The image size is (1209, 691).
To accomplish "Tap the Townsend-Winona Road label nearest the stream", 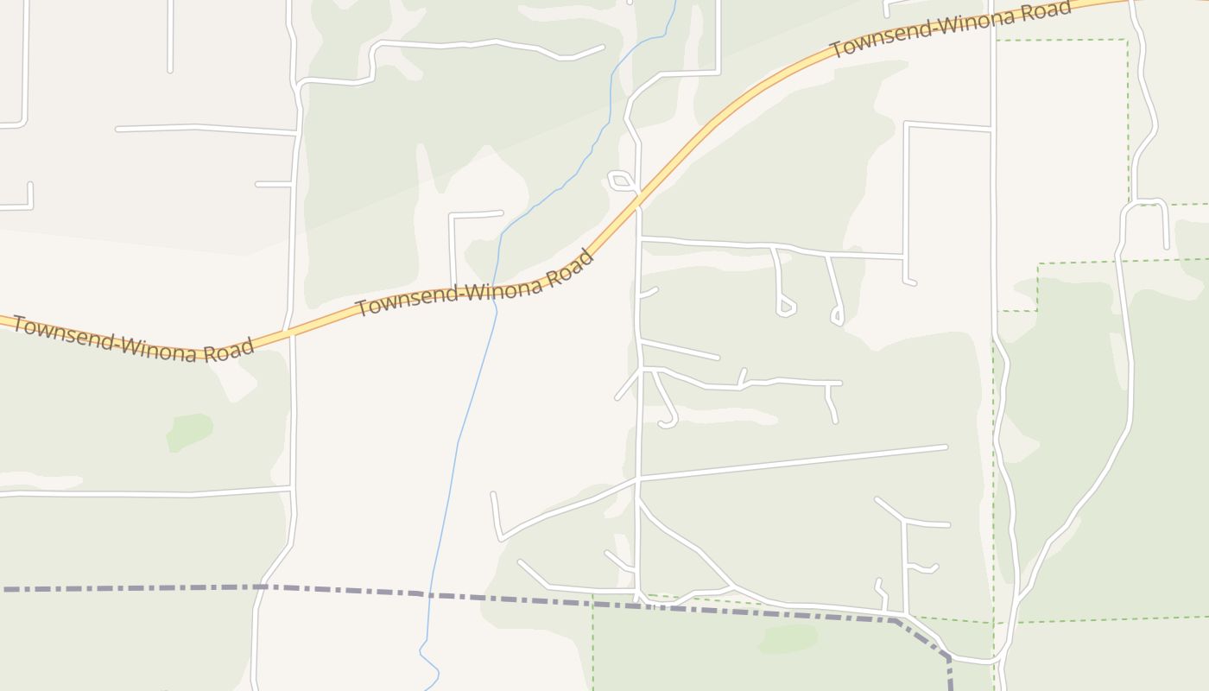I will [x=475, y=285].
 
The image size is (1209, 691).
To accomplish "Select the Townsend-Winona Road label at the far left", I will [x=134, y=341].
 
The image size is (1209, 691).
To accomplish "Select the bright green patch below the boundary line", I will [x=788, y=638].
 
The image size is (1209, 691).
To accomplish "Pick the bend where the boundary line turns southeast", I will [x=898, y=620].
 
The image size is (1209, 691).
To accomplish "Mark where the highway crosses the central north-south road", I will [x=638, y=206].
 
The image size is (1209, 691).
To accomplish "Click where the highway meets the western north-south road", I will [x=291, y=333].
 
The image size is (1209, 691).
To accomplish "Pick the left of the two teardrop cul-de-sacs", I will [x=785, y=307].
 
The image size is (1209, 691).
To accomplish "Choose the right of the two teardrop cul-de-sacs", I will [x=837, y=316].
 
